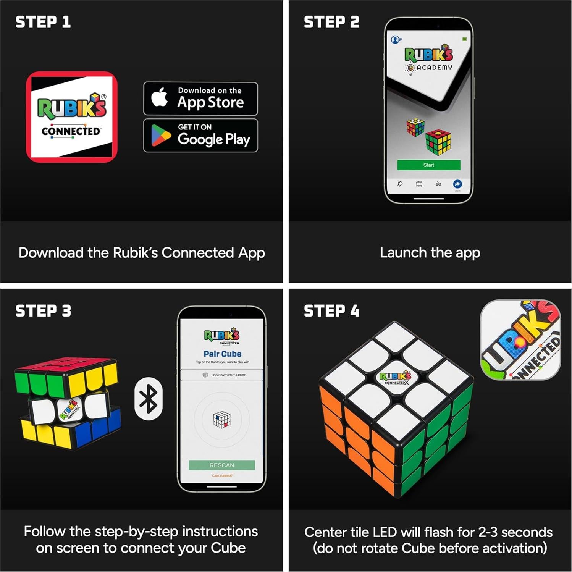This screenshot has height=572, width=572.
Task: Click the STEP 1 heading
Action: click(x=43, y=22)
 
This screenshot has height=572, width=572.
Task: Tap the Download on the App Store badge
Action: click(x=200, y=99)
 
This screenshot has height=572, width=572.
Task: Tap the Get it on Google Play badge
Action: click(x=200, y=136)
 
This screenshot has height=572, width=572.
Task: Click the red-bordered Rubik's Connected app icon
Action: click(x=72, y=117)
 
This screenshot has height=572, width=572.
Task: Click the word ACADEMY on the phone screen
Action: click(x=434, y=68)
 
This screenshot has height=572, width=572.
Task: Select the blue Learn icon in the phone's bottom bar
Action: click(x=457, y=184)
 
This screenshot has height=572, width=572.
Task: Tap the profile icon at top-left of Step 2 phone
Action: click(x=396, y=39)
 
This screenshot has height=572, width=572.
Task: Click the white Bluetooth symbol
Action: click(x=149, y=399)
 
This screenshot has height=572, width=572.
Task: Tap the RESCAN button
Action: click(x=222, y=465)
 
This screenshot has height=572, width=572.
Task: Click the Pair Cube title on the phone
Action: click(x=222, y=354)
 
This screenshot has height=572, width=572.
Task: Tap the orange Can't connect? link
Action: click(x=222, y=476)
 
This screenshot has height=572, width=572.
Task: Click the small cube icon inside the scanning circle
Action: click(x=222, y=420)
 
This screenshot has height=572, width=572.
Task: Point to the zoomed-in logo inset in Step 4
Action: click(x=520, y=340)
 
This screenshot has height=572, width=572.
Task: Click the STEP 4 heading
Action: click(x=331, y=311)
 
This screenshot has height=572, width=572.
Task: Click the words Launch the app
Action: click(x=430, y=253)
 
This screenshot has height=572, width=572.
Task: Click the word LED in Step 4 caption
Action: click(x=384, y=532)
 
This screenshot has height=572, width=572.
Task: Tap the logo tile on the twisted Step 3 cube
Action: click(x=69, y=410)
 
